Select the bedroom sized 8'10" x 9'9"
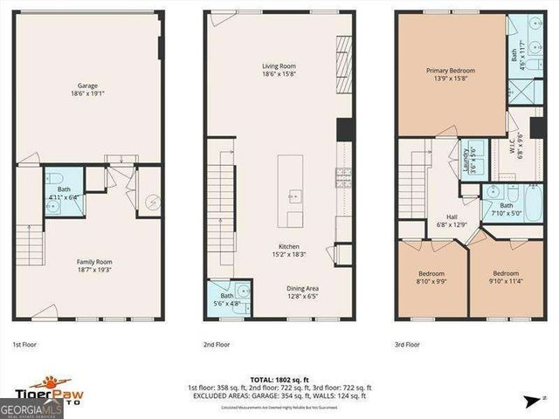[x=431, y=278]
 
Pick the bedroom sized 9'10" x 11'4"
[x=504, y=278]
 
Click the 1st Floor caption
[x=24, y=345]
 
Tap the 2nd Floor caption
[x=217, y=345]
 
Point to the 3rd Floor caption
[x=407, y=345]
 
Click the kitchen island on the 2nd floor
[x=291, y=191]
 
